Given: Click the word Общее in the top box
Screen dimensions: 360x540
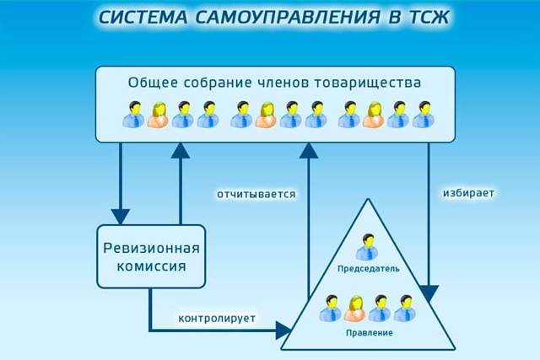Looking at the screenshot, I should pyautogui.click(x=151, y=83).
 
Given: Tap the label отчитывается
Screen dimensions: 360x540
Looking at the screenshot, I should pyautogui.click(x=256, y=194).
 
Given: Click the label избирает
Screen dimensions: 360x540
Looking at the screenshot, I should pyautogui.click(x=468, y=193).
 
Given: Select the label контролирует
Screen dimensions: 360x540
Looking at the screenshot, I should pyautogui.click(x=217, y=319).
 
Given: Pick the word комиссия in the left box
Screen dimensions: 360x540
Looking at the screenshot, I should pyautogui.click(x=151, y=269).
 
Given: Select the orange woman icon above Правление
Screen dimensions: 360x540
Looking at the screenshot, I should pyautogui.click(x=354, y=309).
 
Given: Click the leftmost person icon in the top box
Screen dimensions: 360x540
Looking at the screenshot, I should pyautogui.click(x=133, y=115).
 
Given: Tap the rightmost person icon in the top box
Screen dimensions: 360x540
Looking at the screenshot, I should pyautogui.click(x=422, y=115).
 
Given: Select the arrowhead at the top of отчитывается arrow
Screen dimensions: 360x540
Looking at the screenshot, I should pyautogui.click(x=310, y=151).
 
